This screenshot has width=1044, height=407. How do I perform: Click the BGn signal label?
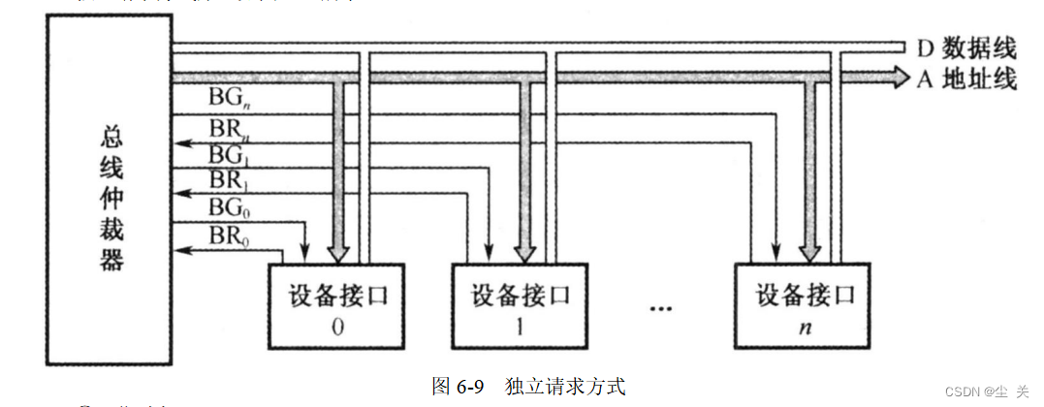(x=230, y=97)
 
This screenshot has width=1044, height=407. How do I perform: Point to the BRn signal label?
(x=230, y=128)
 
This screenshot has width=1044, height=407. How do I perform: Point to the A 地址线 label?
(x=965, y=78)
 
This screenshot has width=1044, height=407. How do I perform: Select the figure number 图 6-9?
(x=457, y=386)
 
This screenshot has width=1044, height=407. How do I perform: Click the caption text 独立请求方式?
(x=565, y=386)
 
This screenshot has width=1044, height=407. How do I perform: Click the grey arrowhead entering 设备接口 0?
(x=338, y=254)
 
